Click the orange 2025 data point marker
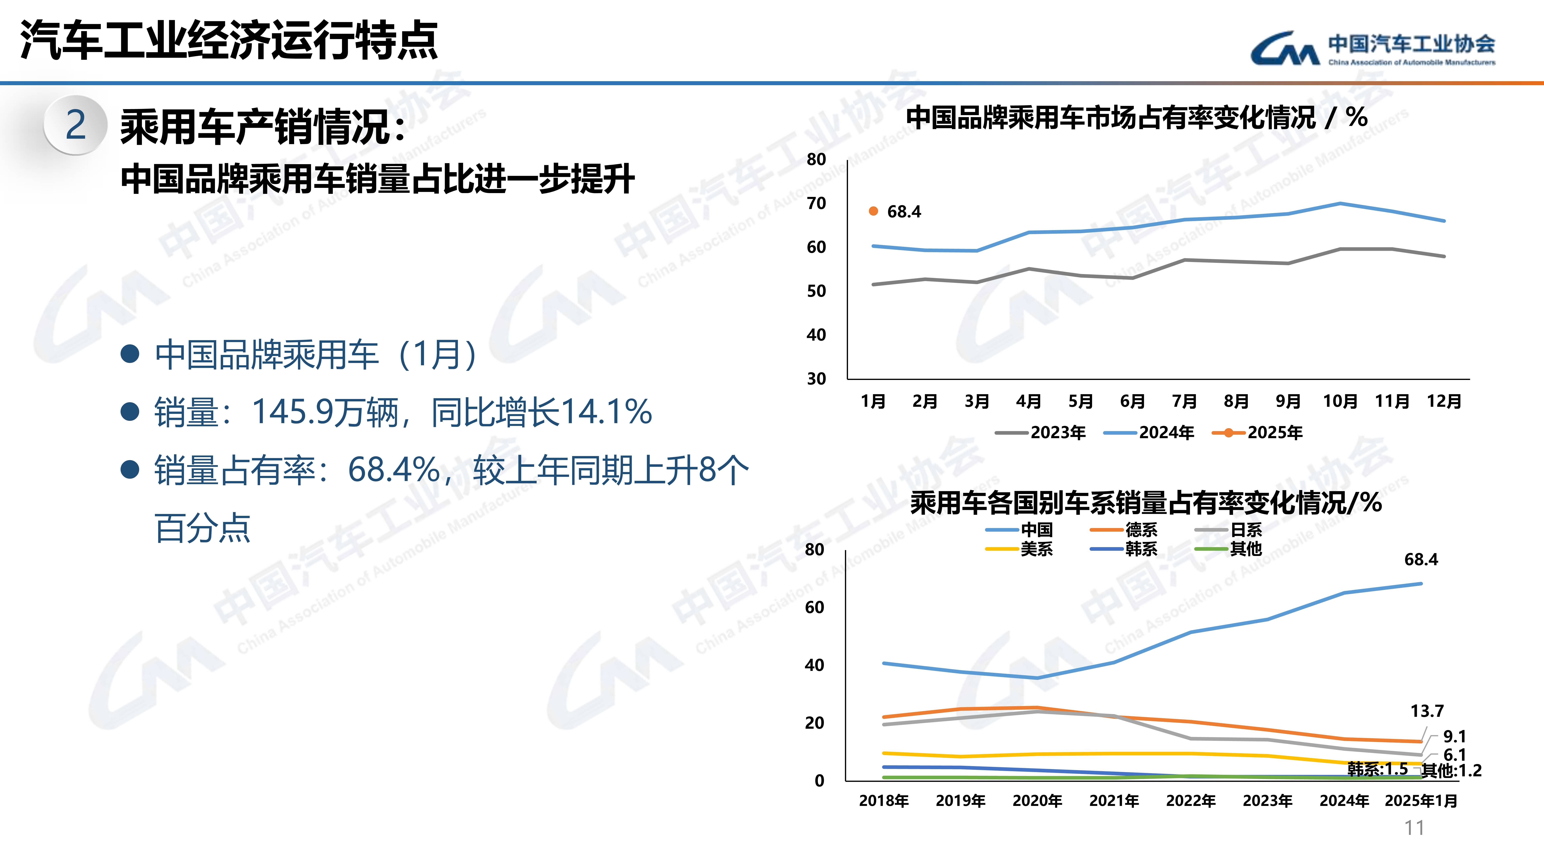[x=873, y=211]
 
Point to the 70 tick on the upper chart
[x=816, y=204]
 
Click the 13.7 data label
[x=1427, y=711]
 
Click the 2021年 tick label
[x=1114, y=801]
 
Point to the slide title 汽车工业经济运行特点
[x=229, y=41]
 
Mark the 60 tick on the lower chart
[x=815, y=607]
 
